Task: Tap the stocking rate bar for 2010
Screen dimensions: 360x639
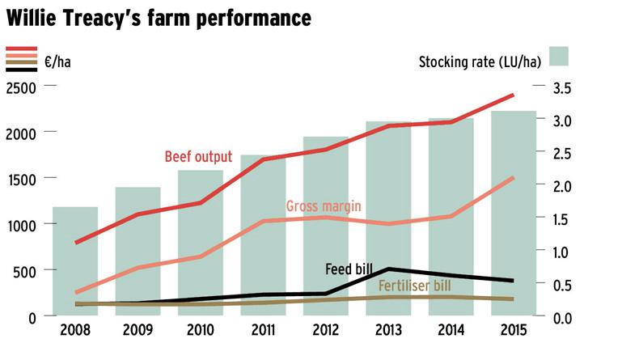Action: click(x=201, y=243)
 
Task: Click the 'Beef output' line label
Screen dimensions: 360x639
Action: click(x=198, y=156)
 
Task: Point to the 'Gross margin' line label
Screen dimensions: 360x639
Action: click(x=323, y=206)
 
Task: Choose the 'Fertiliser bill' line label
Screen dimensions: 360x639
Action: click(x=414, y=286)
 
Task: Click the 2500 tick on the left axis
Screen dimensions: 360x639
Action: click(x=21, y=87)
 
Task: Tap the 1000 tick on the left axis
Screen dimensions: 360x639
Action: click(x=21, y=225)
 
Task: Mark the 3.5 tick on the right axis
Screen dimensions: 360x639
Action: click(x=563, y=87)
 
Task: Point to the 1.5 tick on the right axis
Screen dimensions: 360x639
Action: click(x=563, y=218)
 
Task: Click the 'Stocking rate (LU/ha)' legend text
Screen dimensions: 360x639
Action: click(x=480, y=60)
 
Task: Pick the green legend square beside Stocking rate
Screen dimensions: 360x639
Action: click(x=559, y=56)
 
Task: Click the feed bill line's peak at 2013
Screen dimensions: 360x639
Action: click(x=388, y=269)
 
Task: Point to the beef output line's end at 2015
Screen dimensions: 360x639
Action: click(x=513, y=95)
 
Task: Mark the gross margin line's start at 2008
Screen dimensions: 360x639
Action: click(x=75, y=292)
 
